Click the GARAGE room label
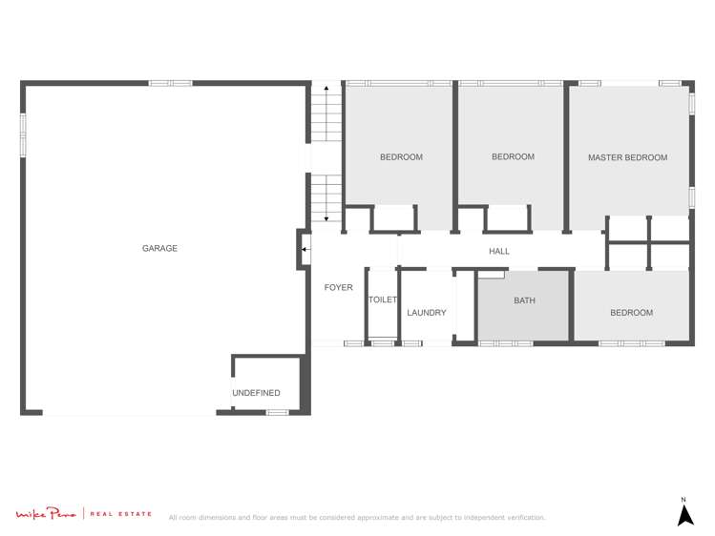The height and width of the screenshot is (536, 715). pyautogui.click(x=159, y=249)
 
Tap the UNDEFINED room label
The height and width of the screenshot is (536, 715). pyautogui.click(x=256, y=393)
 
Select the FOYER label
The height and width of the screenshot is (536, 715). pyautogui.click(x=338, y=287)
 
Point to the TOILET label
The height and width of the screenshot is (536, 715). pyautogui.click(x=382, y=299)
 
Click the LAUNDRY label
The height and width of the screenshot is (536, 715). pyautogui.click(x=426, y=313)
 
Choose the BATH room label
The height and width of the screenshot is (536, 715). pyautogui.click(x=524, y=300)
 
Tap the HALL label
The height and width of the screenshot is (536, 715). pyautogui.click(x=499, y=252)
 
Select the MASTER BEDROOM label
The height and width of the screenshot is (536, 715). pyautogui.click(x=627, y=157)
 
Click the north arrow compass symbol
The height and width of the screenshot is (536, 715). pyautogui.click(x=684, y=515)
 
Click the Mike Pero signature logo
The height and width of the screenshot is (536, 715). pyautogui.click(x=47, y=515)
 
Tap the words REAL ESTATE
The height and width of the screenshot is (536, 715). pyautogui.click(x=121, y=515)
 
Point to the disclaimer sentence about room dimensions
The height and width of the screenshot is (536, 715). pyautogui.click(x=357, y=518)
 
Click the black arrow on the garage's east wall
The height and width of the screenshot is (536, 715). pyautogui.click(x=305, y=251)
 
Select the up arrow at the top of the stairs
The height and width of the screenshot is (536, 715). pyautogui.click(x=326, y=89)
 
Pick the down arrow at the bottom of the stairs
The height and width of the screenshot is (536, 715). pyautogui.click(x=326, y=218)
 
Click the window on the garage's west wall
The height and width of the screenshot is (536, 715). pyautogui.click(x=22, y=134)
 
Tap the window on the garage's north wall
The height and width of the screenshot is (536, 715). pyautogui.click(x=170, y=83)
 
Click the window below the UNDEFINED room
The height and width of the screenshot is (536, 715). pyautogui.click(x=277, y=412)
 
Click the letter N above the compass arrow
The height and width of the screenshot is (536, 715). pyautogui.click(x=683, y=499)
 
